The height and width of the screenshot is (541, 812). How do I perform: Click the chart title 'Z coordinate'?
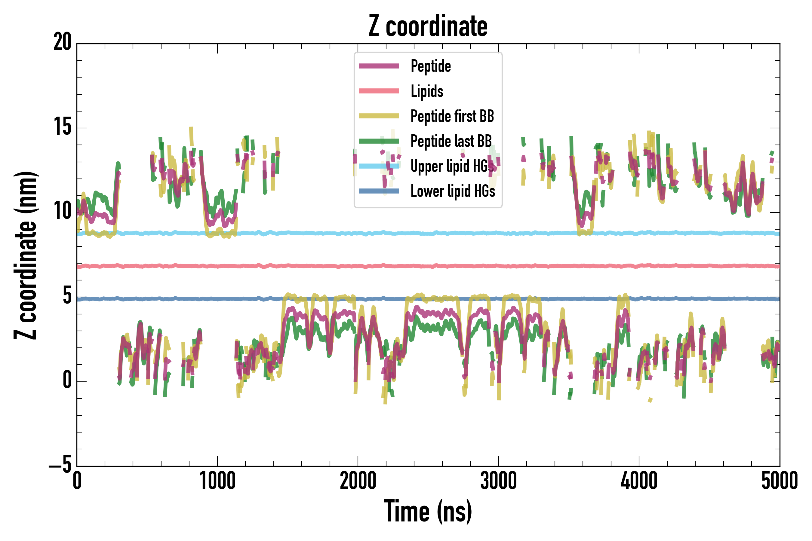tap(428, 26)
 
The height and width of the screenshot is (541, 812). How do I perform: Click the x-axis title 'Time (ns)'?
tap(428, 511)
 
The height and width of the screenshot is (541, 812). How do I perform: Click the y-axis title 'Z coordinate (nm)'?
tap(26, 255)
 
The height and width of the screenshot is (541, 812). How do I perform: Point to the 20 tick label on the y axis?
tap(62, 42)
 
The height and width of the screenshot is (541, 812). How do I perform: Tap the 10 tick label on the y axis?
tap(62, 211)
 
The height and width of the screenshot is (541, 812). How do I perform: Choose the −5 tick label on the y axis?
tap(60, 465)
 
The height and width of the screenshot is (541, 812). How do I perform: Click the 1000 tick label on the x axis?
tap(217, 481)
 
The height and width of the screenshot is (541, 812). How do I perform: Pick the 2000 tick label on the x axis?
tap(358, 481)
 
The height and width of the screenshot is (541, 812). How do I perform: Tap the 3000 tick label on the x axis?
tap(498, 481)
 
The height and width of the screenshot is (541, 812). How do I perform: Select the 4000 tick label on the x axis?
tap(639, 481)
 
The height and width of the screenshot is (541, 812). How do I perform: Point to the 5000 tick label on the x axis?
tap(779, 481)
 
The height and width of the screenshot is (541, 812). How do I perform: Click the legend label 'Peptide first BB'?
tap(452, 116)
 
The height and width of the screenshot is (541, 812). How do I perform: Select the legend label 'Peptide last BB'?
tap(451, 141)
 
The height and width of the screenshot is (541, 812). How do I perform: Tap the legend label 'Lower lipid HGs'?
tap(453, 191)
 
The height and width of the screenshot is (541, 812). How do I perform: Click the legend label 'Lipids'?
tap(427, 91)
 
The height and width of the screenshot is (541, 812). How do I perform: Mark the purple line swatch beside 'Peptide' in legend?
tap(379, 66)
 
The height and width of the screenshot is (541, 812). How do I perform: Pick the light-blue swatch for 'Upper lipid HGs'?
tap(379, 166)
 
